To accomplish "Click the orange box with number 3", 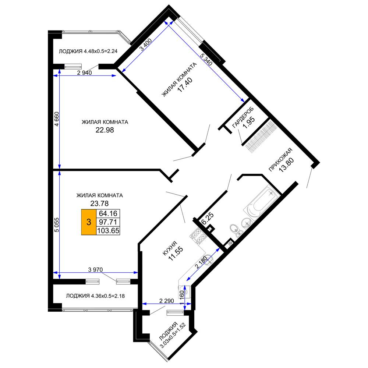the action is (89, 222).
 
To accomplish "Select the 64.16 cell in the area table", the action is (108, 213).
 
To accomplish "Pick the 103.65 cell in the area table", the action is (108, 230).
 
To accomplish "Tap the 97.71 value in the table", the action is (108, 222).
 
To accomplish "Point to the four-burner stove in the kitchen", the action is (198, 236).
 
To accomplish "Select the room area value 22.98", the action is (105, 130).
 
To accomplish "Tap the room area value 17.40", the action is (185, 85).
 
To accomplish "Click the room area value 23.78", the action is (99, 203).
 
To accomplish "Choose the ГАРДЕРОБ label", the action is (243, 117).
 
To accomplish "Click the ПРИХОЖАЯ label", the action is (280, 160).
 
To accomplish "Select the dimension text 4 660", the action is (57, 119).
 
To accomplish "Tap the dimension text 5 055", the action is (57, 225).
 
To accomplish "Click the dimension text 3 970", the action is (96, 270).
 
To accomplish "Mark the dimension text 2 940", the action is (85, 73).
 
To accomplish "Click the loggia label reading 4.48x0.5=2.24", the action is (101, 51).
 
